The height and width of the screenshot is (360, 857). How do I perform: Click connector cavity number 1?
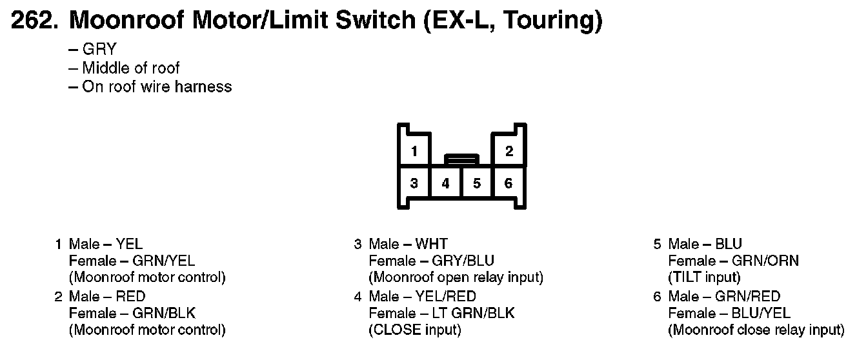tap(414, 152)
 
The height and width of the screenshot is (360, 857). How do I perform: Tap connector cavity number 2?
tap(509, 152)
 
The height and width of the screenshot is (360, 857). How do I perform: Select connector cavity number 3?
tap(414, 183)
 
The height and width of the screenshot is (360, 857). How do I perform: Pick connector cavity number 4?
tap(446, 183)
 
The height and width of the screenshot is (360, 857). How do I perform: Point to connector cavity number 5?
tap(477, 183)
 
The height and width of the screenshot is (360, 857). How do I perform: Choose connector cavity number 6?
tap(509, 183)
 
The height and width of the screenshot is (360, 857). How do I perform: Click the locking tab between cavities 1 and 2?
tap(461, 158)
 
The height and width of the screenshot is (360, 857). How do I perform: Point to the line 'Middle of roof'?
tap(130, 68)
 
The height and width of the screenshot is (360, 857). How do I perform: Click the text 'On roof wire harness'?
tap(156, 86)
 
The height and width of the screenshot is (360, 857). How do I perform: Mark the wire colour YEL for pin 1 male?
tap(129, 244)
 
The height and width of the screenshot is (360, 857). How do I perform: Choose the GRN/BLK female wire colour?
tap(163, 313)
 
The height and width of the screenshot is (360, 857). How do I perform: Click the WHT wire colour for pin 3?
tap(431, 244)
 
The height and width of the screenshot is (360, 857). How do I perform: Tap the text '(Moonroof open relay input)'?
tap(456, 278)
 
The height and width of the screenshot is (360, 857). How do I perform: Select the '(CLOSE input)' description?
tap(414, 330)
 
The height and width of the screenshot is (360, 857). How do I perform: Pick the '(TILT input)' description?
tap(704, 278)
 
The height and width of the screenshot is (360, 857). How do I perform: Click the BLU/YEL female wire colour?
tap(761, 313)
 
